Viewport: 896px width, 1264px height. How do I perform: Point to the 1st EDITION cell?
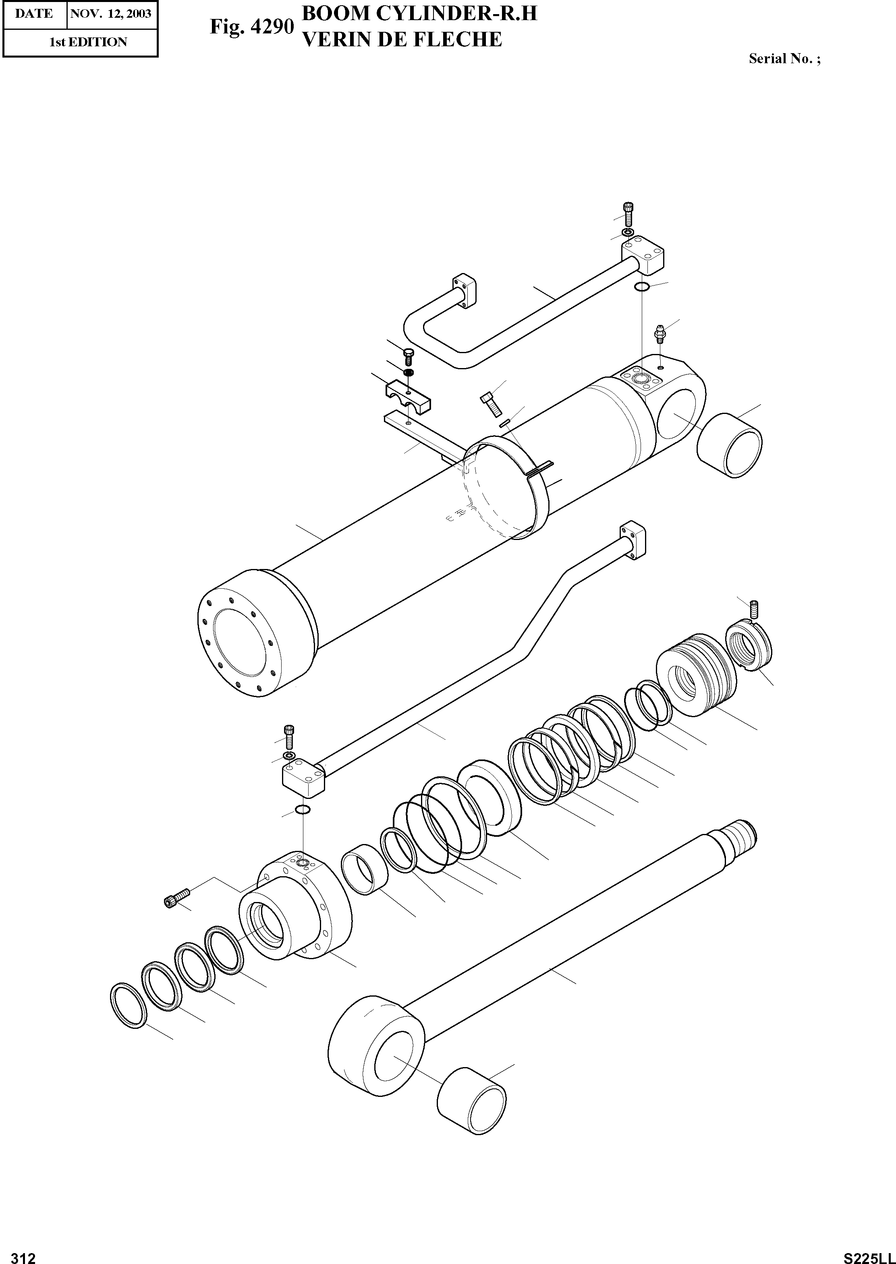[88, 42]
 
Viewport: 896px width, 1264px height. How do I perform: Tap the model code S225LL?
[869, 1254]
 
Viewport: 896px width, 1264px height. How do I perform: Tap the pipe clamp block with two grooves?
[408, 395]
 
